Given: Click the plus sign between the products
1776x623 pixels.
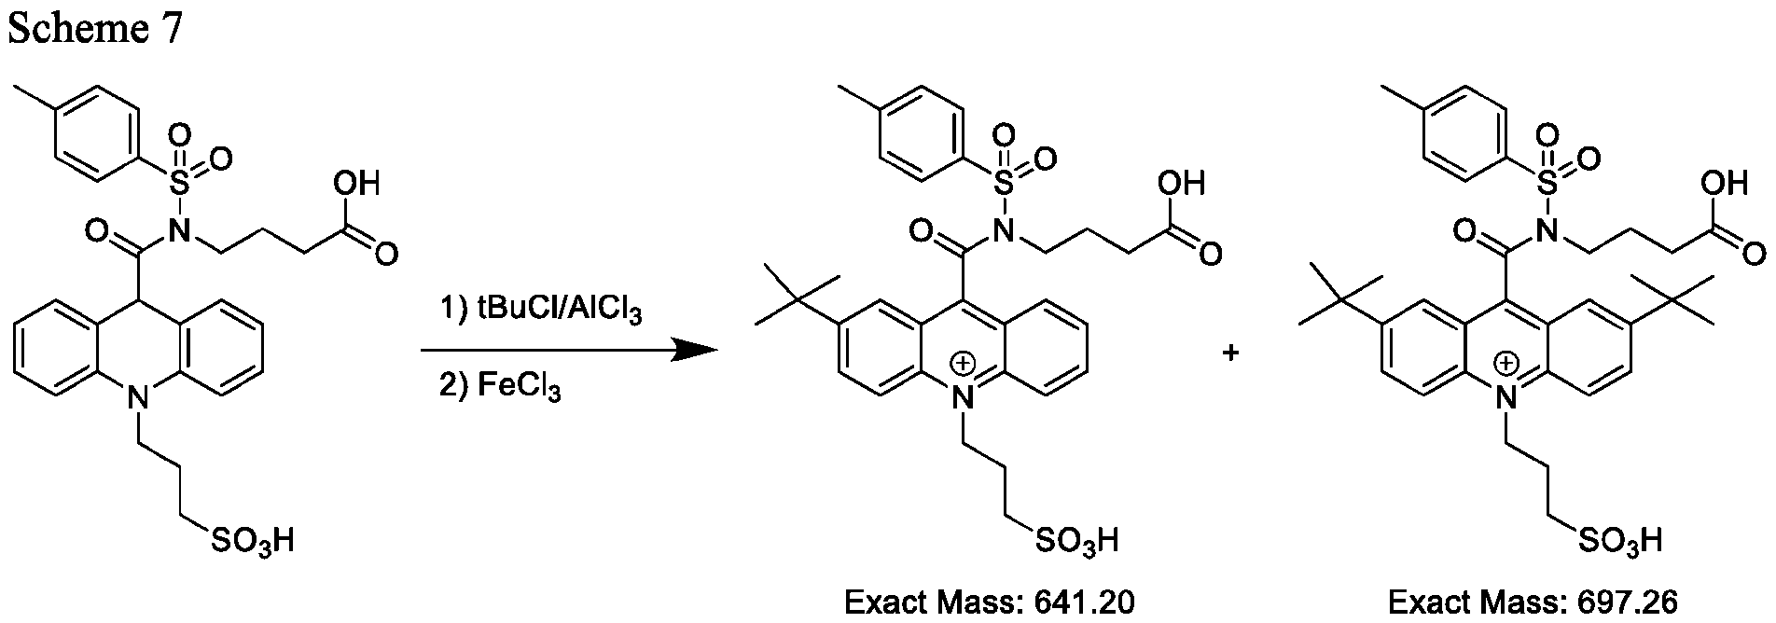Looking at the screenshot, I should (x=1230, y=353).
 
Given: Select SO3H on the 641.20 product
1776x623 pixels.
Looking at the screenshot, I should (x=1075, y=541).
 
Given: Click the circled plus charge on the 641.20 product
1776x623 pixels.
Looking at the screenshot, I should (x=961, y=360).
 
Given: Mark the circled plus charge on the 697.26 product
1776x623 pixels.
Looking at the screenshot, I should (x=1505, y=360).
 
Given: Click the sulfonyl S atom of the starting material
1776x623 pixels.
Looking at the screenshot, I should (x=182, y=184).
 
